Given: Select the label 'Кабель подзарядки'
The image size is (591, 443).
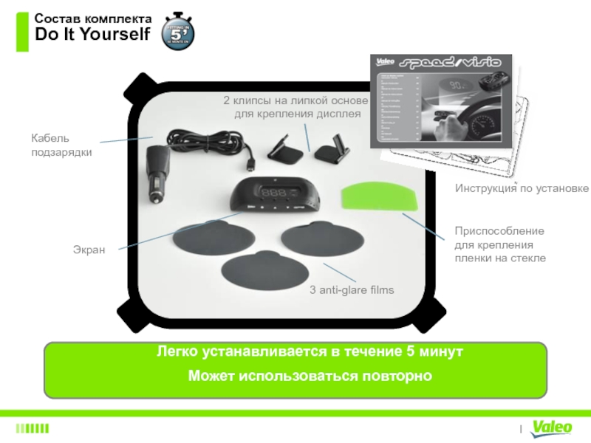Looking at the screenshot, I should click(x=51, y=145).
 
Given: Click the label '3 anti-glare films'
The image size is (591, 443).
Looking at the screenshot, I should click(x=352, y=290).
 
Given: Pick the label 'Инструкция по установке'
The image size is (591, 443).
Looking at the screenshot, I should click(x=522, y=189).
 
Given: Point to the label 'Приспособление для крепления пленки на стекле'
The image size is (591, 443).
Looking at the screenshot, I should click(x=499, y=244).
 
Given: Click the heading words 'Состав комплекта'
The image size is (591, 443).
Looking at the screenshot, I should click(x=94, y=18).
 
